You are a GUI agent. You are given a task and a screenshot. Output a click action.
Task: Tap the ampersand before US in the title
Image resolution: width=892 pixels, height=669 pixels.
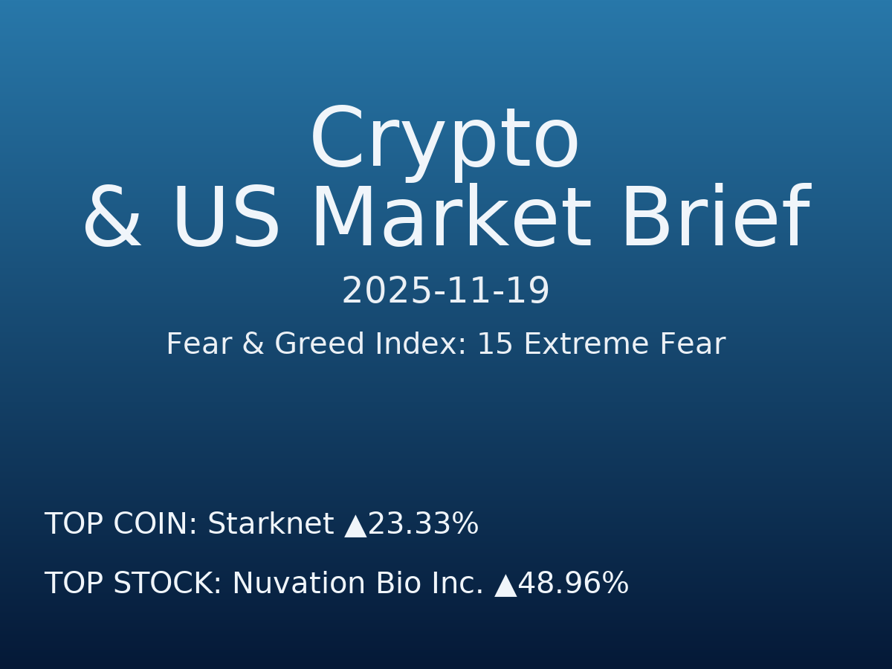111,219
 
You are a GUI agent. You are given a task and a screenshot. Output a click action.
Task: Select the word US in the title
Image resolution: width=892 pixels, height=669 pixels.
226,219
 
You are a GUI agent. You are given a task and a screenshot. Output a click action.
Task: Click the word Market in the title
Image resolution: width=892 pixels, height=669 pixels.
450,219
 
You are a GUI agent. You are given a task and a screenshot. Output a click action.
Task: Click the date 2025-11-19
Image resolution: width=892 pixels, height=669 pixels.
445,291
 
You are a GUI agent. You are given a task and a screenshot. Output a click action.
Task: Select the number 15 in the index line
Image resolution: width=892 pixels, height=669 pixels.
495,345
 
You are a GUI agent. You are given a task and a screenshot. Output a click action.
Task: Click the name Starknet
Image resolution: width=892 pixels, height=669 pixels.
271,524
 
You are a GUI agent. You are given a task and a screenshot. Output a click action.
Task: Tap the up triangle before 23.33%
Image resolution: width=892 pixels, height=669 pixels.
356,526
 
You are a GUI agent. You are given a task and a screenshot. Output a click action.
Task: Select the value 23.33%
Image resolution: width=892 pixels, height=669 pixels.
423,524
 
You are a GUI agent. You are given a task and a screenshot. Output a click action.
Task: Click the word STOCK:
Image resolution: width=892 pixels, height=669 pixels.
167,584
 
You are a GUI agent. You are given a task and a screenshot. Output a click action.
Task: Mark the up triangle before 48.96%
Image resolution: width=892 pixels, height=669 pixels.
505,585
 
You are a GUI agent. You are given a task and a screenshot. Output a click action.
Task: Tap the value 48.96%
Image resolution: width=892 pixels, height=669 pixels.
573,584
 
